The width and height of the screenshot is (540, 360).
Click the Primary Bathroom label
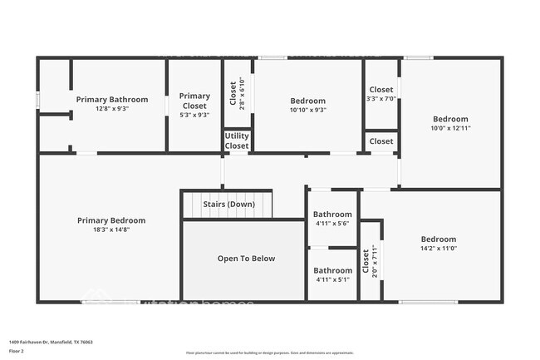pos(110,99)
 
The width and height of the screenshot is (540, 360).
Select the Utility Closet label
pos(237,141)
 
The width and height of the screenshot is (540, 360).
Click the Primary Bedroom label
pos(110,220)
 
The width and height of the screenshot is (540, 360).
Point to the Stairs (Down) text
pos(228,204)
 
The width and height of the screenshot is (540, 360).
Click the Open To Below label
pos(246,259)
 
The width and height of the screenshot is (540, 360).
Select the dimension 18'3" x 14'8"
pos(110,229)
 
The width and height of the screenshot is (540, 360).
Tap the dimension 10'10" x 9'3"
pos(307,110)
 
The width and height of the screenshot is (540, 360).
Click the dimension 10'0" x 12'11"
pos(450,128)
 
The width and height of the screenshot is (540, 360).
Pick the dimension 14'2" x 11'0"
pos(438,248)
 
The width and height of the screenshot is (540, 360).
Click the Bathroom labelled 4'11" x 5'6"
pos(332,219)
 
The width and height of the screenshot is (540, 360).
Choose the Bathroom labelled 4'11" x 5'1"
pos(332,274)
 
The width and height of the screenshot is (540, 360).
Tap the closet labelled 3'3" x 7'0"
pos(380,94)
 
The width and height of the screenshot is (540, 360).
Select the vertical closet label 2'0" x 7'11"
pos(371,261)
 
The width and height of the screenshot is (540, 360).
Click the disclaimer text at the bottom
pos(270,353)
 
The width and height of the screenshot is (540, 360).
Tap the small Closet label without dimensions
pos(381,141)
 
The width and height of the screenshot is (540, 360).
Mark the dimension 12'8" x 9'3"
pos(110,108)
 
